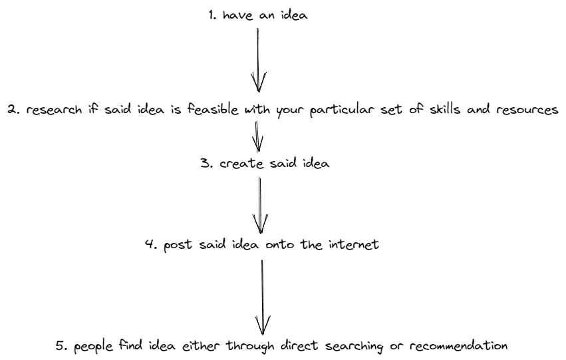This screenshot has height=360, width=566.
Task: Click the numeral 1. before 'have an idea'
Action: click(212, 15)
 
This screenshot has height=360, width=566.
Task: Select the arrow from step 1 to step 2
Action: click(258, 60)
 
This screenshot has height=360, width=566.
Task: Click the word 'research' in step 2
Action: click(54, 109)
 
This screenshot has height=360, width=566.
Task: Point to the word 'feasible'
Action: click(213, 109)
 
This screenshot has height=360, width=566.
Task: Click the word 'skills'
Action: click(445, 109)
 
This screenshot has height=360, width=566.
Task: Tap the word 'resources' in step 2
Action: click(527, 110)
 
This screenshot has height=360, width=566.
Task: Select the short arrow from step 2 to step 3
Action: click(257, 136)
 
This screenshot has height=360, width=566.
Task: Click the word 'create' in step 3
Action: click(241, 164)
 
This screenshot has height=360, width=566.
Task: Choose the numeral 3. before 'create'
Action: click(207, 164)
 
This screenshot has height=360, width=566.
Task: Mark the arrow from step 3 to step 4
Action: click(260, 205)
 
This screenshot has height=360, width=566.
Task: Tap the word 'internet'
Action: click(353, 244)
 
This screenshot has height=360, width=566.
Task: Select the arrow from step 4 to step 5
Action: click(263, 297)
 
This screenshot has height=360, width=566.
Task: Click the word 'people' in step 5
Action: click(93, 347)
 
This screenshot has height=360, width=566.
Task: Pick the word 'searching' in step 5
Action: click(354, 346)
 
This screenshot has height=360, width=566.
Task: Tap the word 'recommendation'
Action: click(458, 346)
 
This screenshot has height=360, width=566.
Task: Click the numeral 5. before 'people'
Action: click(62, 345)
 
